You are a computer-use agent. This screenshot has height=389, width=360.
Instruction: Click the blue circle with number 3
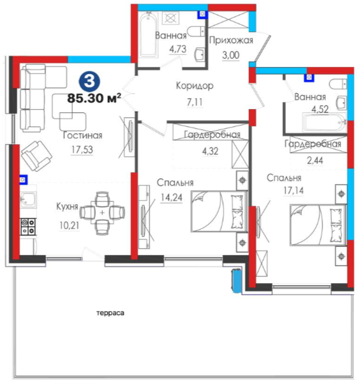(89, 82)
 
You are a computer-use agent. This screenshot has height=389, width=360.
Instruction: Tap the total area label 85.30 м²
(94, 98)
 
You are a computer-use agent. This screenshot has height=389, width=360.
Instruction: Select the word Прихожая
(231, 40)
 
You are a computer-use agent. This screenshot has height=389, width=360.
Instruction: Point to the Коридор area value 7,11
(195, 102)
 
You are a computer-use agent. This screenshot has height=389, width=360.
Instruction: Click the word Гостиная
(83, 135)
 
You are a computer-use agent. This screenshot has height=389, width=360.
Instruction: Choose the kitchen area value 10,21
(70, 225)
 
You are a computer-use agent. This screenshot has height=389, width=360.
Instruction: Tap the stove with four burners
(28, 226)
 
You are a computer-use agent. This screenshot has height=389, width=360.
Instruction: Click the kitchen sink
(28, 200)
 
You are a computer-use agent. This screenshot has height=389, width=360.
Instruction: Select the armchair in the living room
(37, 156)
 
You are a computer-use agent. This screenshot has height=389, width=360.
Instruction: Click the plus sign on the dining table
(102, 213)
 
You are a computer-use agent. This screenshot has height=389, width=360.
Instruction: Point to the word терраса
(110, 313)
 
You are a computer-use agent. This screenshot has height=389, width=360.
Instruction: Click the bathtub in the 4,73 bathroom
(148, 34)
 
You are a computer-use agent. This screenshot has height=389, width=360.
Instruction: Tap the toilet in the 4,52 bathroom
(338, 84)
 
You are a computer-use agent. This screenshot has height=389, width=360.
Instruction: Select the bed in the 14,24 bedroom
(219, 211)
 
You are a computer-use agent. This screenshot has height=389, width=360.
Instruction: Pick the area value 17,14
(294, 191)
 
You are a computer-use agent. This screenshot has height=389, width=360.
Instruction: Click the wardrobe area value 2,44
(315, 161)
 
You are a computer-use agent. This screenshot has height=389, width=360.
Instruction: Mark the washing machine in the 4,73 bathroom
(170, 18)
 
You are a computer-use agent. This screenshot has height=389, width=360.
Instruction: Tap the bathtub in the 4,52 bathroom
(324, 122)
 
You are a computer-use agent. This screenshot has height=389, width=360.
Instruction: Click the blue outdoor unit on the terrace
(236, 281)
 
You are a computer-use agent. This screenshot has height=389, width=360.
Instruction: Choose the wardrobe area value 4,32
(210, 151)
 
